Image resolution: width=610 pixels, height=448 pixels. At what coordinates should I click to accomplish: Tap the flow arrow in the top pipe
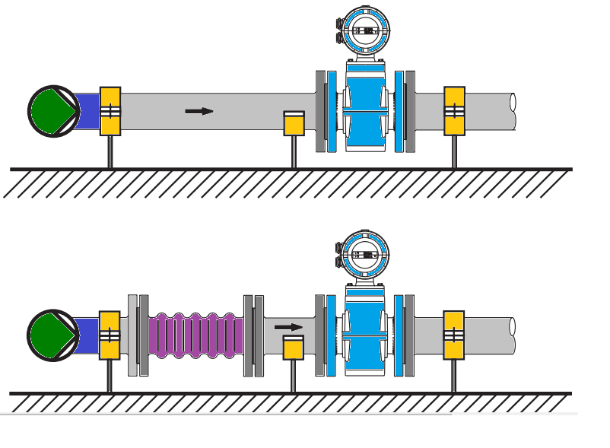pyautogui.click(x=199, y=111)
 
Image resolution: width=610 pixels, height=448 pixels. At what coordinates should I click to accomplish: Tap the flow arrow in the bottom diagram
pyautogui.click(x=288, y=327)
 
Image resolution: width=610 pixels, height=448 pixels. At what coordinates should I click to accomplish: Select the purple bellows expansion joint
pyautogui.click(x=196, y=335)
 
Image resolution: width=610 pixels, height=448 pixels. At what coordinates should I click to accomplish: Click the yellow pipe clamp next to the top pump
pyautogui.click(x=110, y=111)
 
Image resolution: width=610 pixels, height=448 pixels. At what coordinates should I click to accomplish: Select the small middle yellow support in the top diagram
pyautogui.click(x=294, y=123)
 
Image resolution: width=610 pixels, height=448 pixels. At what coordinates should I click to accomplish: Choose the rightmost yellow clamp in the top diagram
pyautogui.click(x=455, y=111)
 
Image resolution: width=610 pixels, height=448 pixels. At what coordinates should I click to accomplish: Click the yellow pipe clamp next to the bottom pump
pyautogui.click(x=110, y=335)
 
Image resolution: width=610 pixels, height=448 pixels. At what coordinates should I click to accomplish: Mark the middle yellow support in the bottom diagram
pyautogui.click(x=294, y=348)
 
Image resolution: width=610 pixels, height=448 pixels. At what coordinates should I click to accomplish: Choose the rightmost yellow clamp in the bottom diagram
pyautogui.click(x=454, y=335)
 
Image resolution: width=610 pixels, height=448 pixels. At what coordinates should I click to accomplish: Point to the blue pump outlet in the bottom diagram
pyautogui.click(x=87, y=335)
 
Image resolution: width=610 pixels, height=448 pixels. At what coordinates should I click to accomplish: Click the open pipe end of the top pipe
pyautogui.click(x=513, y=111)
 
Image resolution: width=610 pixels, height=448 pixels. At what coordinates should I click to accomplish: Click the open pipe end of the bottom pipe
pyautogui.click(x=513, y=335)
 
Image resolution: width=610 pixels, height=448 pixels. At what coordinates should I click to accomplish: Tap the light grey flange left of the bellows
pyautogui.click(x=133, y=335)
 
